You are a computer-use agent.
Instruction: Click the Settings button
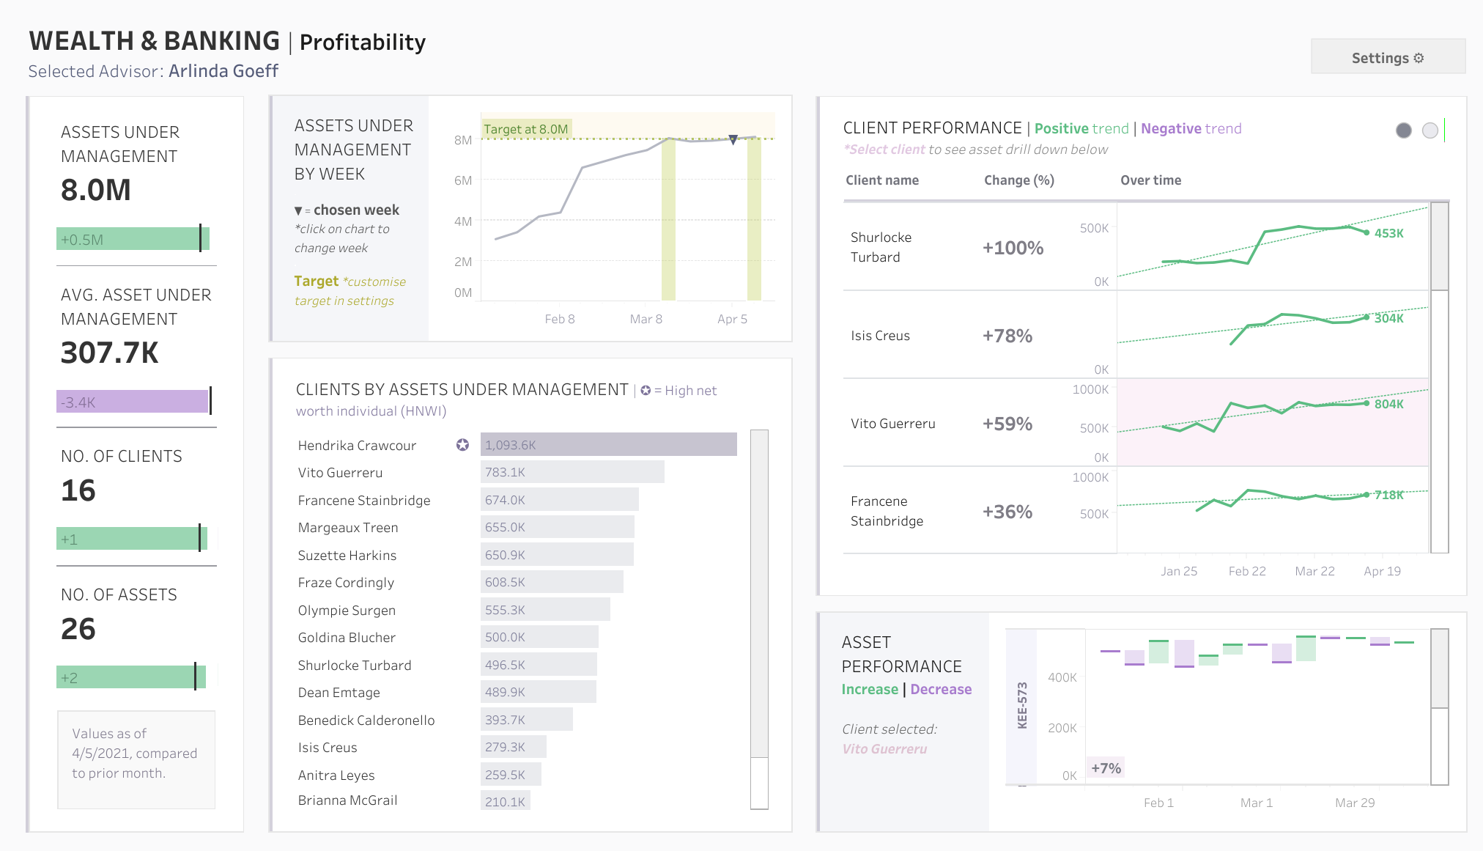point(1388,57)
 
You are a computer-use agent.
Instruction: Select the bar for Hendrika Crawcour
point(608,445)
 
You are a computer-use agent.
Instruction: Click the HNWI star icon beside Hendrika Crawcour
point(462,445)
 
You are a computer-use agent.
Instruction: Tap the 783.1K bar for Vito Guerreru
point(572,472)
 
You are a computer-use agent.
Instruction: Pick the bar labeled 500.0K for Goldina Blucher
point(539,637)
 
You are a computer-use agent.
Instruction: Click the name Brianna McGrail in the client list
point(347,800)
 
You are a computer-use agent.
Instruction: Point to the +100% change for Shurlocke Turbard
point(1013,248)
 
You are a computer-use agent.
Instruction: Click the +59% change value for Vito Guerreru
point(1007,424)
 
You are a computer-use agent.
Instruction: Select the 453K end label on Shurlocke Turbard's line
point(1389,233)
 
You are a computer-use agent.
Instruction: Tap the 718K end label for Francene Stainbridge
point(1389,495)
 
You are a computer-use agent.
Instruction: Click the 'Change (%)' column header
point(1019,180)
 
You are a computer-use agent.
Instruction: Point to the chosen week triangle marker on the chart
point(733,139)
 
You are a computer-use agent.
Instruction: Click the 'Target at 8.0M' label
point(526,129)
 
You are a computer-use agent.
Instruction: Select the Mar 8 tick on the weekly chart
point(646,319)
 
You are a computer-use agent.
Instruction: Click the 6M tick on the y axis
point(463,180)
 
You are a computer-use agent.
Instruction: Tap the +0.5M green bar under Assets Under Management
point(133,239)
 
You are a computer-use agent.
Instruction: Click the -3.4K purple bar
point(132,402)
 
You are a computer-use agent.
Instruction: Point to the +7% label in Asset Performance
point(1106,768)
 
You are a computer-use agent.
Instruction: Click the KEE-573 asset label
point(1022,705)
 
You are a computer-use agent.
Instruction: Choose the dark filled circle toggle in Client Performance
point(1404,130)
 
